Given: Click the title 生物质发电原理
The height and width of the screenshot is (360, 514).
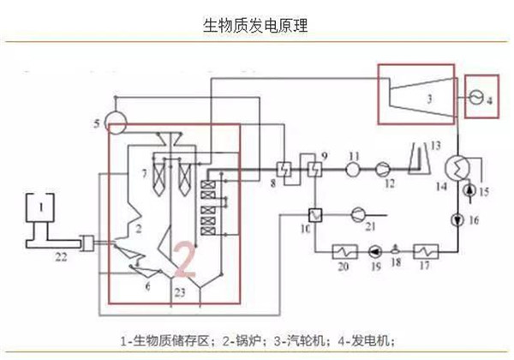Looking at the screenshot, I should tap(256, 25).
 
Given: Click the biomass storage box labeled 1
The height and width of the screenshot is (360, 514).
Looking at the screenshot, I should tap(39, 209).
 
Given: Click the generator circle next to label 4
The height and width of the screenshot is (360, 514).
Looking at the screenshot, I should tap(475, 99).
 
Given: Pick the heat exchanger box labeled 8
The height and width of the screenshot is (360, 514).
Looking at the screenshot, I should tap(285, 167).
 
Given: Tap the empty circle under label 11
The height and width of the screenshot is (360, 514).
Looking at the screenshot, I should tap(353, 169).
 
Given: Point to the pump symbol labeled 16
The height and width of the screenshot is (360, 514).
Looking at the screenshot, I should tap(463, 220).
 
